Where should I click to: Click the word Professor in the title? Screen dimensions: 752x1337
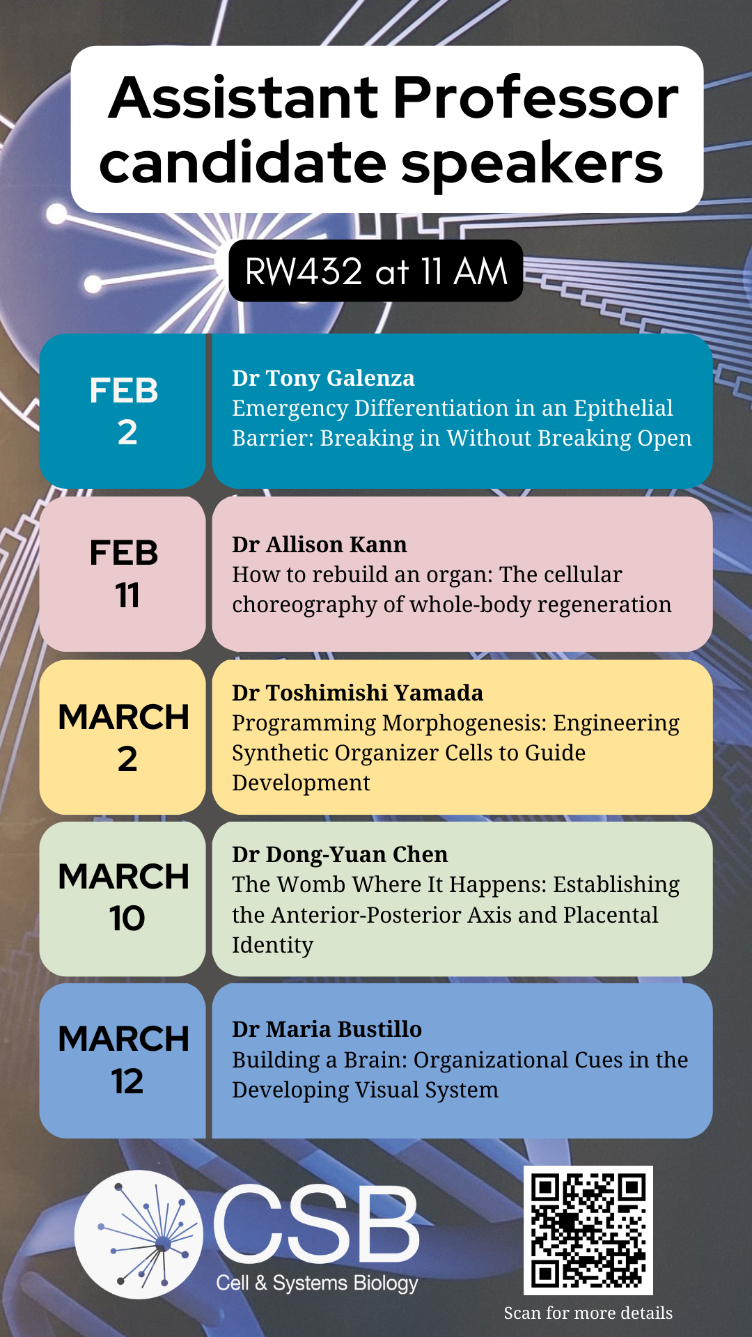click(535, 97)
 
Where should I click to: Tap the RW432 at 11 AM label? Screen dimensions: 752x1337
click(376, 271)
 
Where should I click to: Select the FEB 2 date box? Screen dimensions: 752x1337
click(123, 411)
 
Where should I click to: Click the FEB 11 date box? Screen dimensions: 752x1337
click(123, 574)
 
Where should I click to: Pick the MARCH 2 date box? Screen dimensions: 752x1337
click(123, 737)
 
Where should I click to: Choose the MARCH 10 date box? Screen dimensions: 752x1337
click(123, 899)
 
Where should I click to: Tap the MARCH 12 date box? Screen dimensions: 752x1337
click(123, 1061)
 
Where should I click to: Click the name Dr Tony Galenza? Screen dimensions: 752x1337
click(323, 378)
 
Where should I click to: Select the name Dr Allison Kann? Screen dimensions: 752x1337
click(320, 545)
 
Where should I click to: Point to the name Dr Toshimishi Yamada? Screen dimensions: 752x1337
click(357, 693)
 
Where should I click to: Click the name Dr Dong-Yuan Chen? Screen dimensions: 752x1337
click(340, 854)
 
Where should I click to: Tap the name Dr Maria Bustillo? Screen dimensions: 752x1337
click(327, 1029)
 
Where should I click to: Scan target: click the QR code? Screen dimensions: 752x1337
click(588, 1230)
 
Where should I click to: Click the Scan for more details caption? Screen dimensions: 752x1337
click(588, 1313)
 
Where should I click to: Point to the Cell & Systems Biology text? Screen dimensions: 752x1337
click(317, 1283)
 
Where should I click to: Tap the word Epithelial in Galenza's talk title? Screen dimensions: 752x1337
click(623, 409)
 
